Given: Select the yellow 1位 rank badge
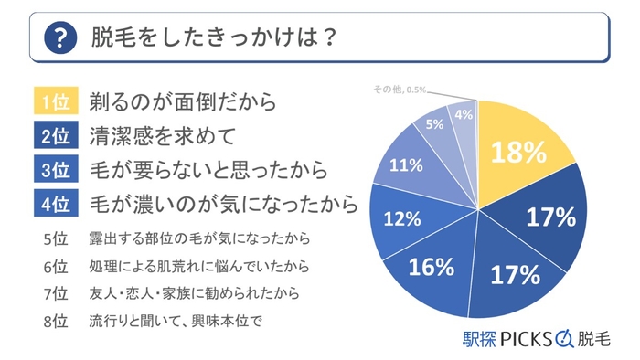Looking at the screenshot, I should tap(53, 101).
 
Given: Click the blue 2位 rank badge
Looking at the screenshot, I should tap(53, 136).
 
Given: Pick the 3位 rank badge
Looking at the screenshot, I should tap(53, 170).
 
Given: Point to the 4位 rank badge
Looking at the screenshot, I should tap(53, 204).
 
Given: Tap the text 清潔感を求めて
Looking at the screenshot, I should tap(151, 136).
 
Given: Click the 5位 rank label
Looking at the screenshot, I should tap(56, 240).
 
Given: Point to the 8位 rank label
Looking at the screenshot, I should tap(56, 322).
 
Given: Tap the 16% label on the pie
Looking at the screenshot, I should tap(432, 268).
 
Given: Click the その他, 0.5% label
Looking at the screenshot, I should tap(399, 88).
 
